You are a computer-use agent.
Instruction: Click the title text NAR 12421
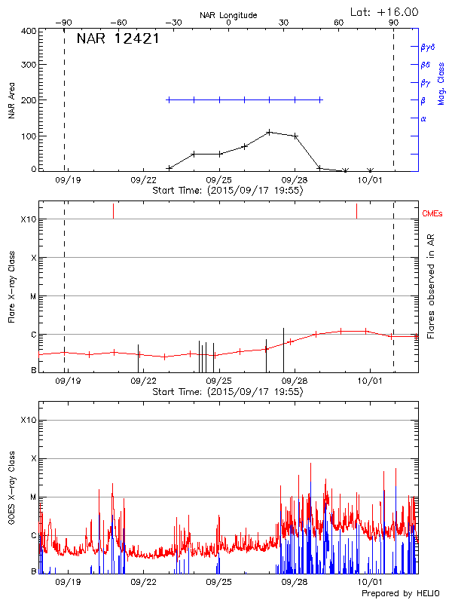click(118, 39)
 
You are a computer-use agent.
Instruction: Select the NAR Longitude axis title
click(228, 15)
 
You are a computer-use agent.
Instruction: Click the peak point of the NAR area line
click(269, 132)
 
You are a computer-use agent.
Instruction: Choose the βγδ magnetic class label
click(427, 47)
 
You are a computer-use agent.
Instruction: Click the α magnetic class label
click(423, 118)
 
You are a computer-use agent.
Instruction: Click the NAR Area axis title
click(12, 102)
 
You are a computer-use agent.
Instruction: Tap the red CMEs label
click(434, 215)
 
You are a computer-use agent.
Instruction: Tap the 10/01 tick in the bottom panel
click(369, 582)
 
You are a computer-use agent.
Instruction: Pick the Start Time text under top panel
click(228, 191)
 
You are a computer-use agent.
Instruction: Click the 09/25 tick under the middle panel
click(218, 381)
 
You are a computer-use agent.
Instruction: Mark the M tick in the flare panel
click(32, 296)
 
